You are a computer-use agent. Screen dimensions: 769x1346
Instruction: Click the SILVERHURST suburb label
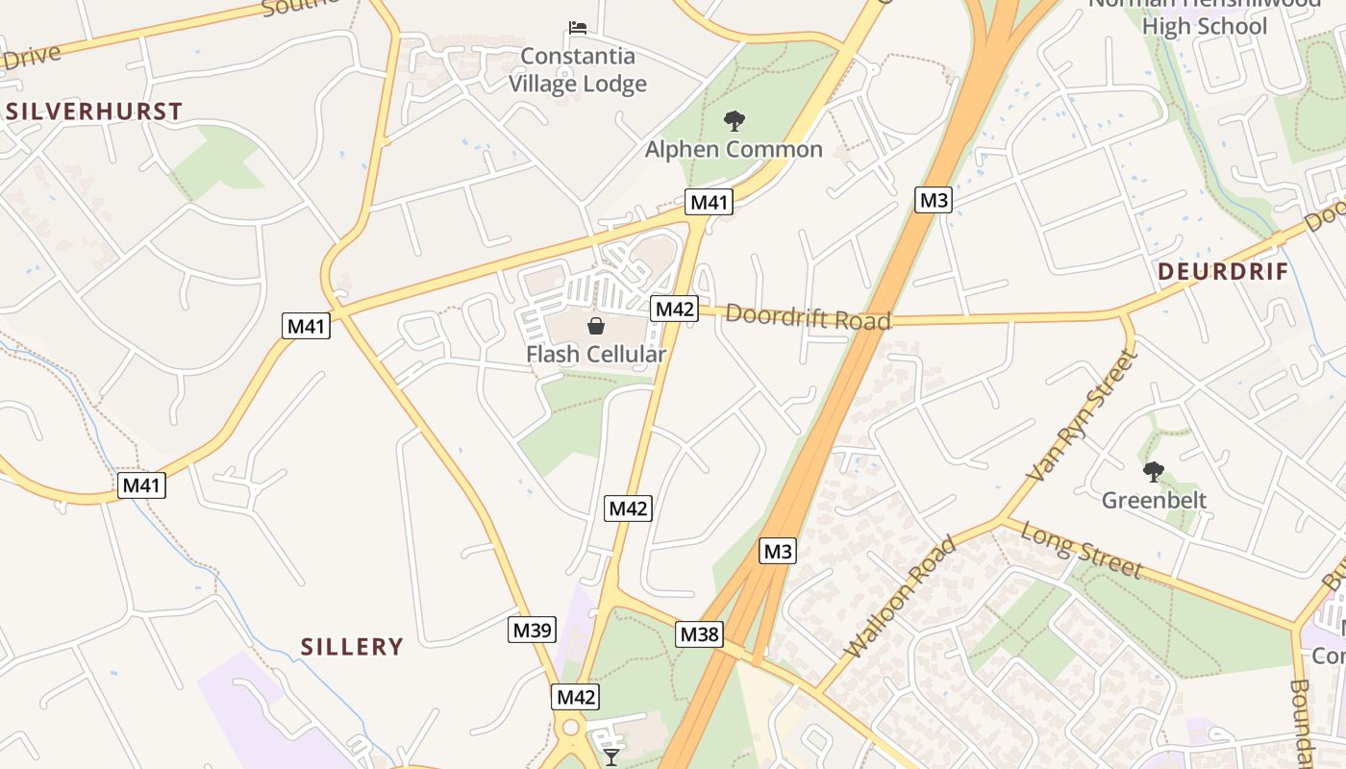94,112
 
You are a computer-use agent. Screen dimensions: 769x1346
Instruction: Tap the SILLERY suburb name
352,647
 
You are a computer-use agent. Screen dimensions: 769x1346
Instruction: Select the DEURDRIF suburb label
1223,272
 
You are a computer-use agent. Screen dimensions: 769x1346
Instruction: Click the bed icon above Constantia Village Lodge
578,27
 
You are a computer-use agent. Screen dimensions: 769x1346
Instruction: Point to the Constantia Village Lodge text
578,70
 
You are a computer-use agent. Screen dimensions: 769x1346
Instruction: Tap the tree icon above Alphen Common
735,121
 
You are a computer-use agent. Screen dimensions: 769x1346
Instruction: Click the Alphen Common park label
734,149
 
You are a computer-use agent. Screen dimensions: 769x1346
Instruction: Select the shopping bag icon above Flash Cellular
596,326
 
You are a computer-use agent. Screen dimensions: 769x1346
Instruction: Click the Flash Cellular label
596,355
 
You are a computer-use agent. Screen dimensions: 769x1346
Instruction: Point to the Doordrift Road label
809,316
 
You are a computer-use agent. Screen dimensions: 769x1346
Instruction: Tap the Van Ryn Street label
1083,416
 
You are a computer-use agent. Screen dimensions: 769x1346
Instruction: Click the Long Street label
1082,550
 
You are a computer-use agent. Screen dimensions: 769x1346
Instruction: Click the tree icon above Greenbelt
1153,471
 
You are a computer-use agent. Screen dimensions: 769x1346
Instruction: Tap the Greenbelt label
1154,500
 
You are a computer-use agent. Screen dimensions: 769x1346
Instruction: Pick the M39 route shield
532,631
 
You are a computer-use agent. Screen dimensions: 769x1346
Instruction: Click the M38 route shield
699,634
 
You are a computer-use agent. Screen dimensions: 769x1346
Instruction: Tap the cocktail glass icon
611,757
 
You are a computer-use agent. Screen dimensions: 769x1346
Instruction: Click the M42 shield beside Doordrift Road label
674,309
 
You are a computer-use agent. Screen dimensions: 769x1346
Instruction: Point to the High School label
1205,26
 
